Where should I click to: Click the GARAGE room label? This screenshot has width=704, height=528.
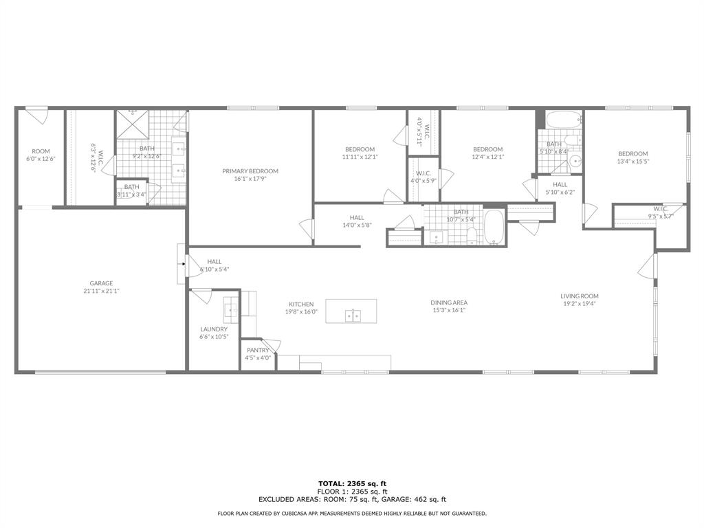coord(101,283)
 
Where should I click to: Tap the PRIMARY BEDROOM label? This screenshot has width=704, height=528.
coord(250,171)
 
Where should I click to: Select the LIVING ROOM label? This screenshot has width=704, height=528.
coord(579,296)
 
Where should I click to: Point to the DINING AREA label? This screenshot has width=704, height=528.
coord(449,302)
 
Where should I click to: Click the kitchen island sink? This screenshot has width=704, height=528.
coord(353,316)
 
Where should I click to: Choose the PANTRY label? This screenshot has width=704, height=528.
coord(258,350)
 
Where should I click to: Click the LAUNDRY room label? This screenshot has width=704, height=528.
coord(214,329)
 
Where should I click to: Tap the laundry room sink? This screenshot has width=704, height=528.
coord(230,310)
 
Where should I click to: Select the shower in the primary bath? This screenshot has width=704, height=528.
coord(131,125)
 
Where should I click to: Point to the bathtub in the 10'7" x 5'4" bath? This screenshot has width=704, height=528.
coord(494,228)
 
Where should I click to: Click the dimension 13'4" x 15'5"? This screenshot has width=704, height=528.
coord(632,162)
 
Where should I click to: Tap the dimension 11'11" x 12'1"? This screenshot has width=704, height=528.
coord(360,157)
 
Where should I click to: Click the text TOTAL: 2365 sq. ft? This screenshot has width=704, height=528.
coord(352,483)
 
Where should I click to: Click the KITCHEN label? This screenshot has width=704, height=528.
coord(301,304)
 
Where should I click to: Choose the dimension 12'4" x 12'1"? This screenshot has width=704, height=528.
coord(487,157)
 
